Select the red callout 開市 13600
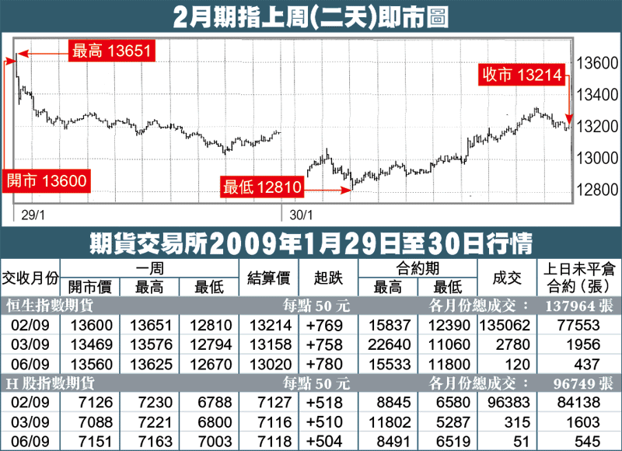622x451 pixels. point(46,181)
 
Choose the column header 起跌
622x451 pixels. point(321,277)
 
